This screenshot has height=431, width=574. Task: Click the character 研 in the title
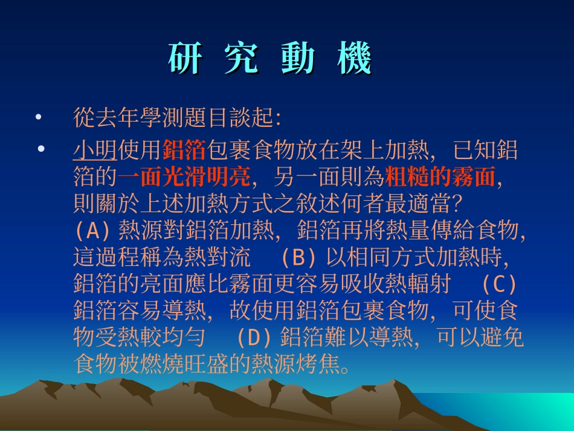click(184, 59)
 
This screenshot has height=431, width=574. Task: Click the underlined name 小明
click(95, 149)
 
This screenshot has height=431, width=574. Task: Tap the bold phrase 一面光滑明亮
click(184, 177)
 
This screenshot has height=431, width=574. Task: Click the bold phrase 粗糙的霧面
click(440, 177)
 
